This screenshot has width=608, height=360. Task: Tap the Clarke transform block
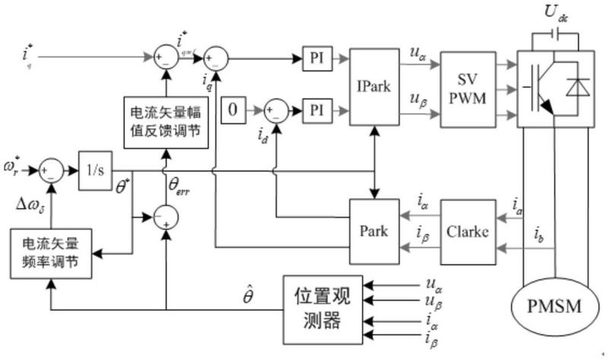coord(467,232)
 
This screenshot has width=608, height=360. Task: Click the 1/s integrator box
coord(95,170)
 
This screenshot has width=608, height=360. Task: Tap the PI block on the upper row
coord(316,58)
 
